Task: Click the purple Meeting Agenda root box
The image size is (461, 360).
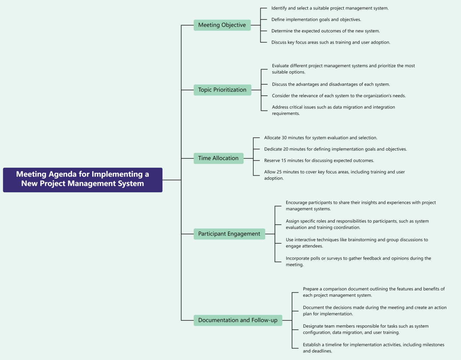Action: (82, 180)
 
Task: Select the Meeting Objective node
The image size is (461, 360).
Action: (222, 25)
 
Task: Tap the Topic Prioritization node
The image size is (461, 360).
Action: (222, 90)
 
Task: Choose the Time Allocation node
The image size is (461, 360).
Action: (218, 158)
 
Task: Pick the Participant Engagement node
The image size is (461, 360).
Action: (229, 234)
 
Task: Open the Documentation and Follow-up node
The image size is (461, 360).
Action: (238, 320)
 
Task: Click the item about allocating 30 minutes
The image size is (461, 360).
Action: (321, 138)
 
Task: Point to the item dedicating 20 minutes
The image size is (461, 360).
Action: (335, 149)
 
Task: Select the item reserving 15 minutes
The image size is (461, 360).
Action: (319, 161)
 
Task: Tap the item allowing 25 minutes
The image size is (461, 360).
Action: (334, 175)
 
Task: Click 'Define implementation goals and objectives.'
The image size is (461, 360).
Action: (316, 20)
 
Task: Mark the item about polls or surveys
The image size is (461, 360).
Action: (358, 261)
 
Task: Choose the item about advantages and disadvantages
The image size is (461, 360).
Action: (331, 85)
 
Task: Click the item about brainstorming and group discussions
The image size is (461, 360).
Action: (357, 243)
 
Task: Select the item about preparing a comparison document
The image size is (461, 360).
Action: (373, 292)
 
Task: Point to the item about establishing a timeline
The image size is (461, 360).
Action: (373, 348)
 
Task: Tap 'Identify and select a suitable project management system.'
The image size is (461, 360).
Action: (330, 8)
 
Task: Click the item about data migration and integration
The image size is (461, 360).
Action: (333, 110)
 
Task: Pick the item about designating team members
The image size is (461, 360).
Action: (366, 329)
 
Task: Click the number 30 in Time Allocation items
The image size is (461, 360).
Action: (284, 138)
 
